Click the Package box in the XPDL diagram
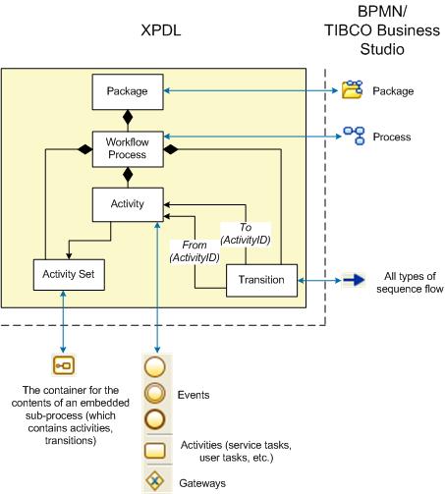128,91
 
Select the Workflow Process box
128,149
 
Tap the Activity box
128,204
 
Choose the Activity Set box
69,275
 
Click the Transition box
261,281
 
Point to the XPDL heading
161,30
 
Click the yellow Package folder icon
352,89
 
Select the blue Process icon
354,136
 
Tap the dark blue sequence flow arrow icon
354,280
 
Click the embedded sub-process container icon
64,365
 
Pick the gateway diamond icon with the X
155,481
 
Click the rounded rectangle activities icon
155,451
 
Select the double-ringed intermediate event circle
155,393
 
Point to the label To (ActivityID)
246,234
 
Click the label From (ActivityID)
195,251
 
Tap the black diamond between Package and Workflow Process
128,117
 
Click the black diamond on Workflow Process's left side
85,149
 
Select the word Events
194,395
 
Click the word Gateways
202,483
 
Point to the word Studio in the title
382,49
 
